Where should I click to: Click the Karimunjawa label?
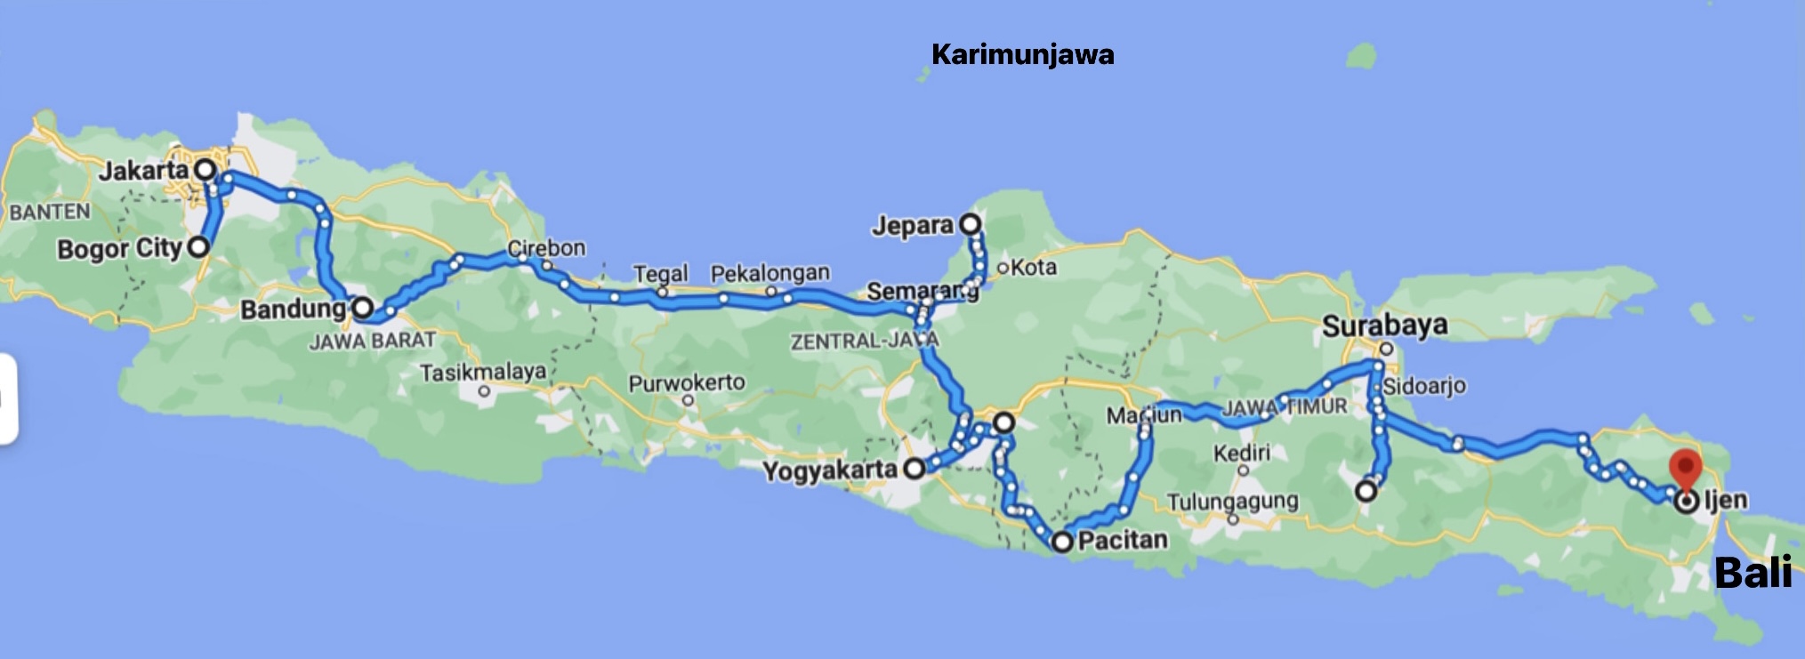(x=1022, y=55)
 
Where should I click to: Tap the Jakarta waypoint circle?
(x=205, y=169)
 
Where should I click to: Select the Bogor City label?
(x=119, y=248)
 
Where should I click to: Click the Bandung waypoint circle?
(x=363, y=308)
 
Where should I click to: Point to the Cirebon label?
(x=546, y=247)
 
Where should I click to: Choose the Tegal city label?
(x=661, y=273)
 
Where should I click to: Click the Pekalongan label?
(x=770, y=272)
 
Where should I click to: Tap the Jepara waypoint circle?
(x=971, y=223)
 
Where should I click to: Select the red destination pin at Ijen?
(x=1684, y=468)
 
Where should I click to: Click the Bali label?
(x=1753, y=573)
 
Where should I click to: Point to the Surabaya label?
(x=1384, y=325)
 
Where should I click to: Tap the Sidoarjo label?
(x=1424, y=386)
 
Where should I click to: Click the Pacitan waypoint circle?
(x=1062, y=542)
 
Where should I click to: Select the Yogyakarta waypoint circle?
(x=915, y=469)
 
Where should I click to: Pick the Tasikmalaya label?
(x=483, y=372)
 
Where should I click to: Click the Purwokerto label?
(x=687, y=382)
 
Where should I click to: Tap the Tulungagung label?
(x=1232, y=502)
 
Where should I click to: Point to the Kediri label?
(x=1242, y=453)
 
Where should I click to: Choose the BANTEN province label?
(x=50, y=212)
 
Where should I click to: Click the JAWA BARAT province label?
(x=372, y=341)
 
